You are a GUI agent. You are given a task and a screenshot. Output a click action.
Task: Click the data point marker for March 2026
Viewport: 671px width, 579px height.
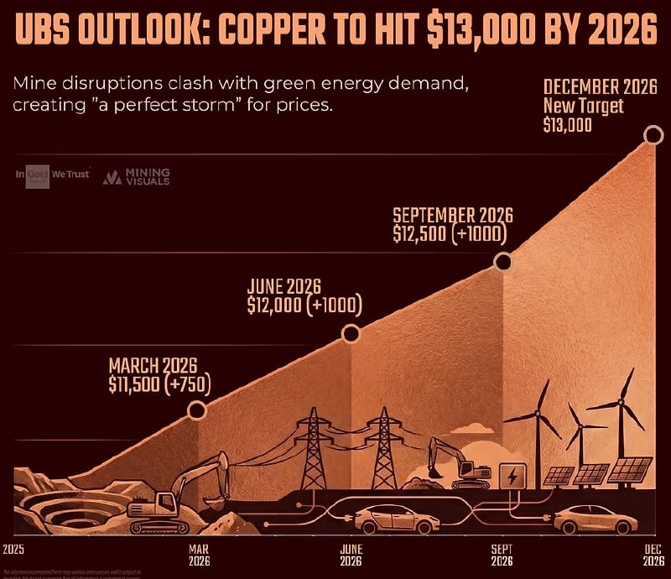tap(197, 409)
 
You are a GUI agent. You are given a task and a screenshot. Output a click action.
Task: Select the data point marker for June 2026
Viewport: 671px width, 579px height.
tap(351, 334)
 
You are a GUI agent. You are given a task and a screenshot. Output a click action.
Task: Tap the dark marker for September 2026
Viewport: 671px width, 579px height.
tap(503, 262)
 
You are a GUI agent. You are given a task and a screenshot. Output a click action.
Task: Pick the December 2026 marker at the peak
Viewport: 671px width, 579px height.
tap(653, 135)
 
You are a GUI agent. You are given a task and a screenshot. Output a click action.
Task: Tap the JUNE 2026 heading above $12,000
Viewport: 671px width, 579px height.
tap(284, 286)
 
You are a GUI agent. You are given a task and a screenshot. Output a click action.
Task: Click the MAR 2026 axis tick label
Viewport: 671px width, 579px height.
tap(198, 556)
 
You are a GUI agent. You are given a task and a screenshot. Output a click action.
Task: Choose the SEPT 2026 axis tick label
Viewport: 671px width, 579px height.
tap(502, 556)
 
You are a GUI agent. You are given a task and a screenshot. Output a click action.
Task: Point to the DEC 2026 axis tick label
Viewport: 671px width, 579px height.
tap(653, 556)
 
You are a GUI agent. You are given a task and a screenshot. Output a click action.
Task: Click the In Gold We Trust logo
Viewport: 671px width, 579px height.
tap(52, 175)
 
